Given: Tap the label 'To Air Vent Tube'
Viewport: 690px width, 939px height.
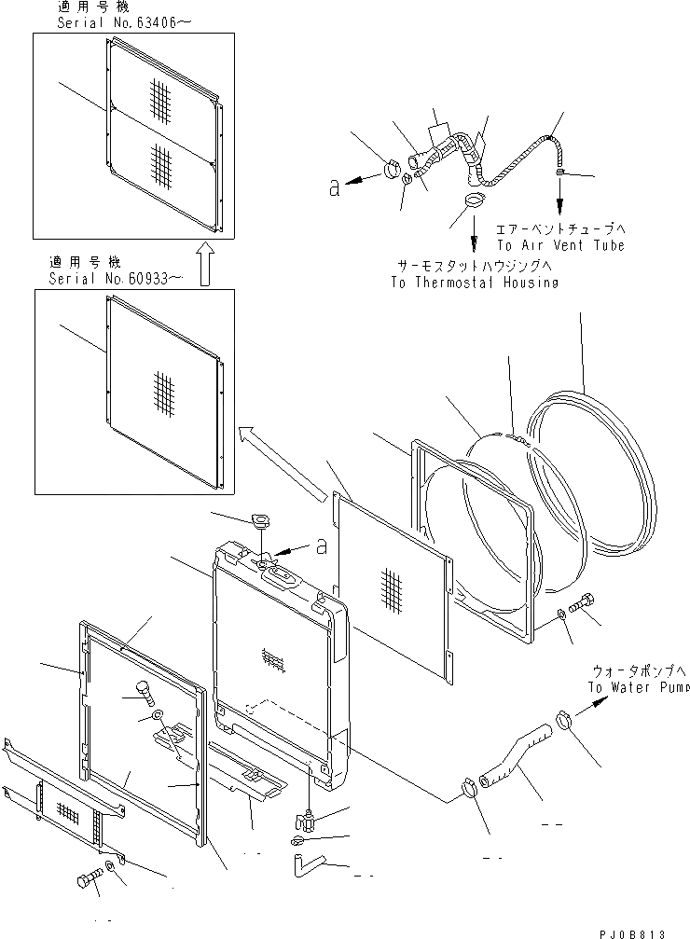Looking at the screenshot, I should pyautogui.click(x=559, y=245).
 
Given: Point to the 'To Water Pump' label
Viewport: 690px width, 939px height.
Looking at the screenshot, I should pyautogui.click(x=639, y=688).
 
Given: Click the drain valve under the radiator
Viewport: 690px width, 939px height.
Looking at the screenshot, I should pyautogui.click(x=306, y=821).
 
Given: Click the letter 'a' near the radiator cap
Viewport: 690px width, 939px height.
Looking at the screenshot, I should pyautogui.click(x=321, y=547).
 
